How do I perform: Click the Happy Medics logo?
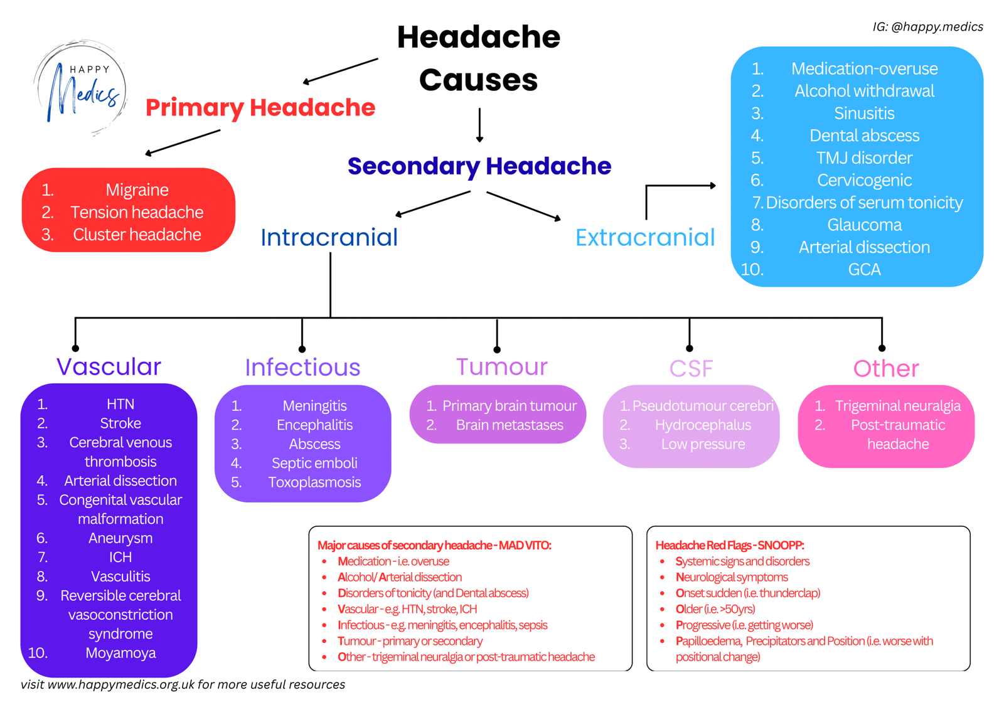(x=80, y=88)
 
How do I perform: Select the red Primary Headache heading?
(x=260, y=108)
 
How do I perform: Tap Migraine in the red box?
(x=137, y=189)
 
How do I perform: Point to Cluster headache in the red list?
(x=137, y=235)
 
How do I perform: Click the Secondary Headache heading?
(x=479, y=166)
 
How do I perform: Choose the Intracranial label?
(x=329, y=238)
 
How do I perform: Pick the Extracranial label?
(x=645, y=238)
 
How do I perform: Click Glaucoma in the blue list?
(x=864, y=225)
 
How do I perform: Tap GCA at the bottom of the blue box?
(x=864, y=270)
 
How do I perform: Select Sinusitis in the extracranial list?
(x=864, y=114)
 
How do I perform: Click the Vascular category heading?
(x=109, y=367)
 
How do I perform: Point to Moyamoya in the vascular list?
(x=120, y=653)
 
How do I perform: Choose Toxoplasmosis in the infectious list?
(x=314, y=482)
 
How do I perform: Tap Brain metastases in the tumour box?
(x=510, y=425)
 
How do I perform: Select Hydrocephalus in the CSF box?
(x=703, y=425)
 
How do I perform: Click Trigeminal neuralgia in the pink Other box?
(x=897, y=406)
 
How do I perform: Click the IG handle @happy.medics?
(x=927, y=27)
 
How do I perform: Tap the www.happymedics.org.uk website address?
(x=121, y=684)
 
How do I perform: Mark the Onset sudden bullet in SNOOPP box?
(x=747, y=593)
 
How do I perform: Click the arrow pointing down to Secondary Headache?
(x=479, y=125)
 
